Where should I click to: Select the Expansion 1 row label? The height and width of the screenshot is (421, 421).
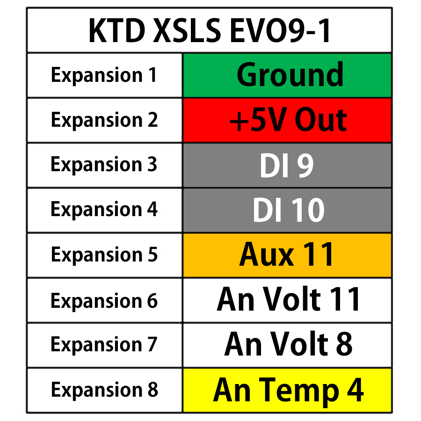tap(104, 75)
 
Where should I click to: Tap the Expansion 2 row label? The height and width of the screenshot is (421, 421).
tap(104, 120)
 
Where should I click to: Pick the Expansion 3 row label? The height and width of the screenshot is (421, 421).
tap(104, 165)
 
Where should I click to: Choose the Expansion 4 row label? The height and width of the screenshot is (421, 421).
tap(104, 210)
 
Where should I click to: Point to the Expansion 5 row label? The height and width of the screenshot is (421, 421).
tap(104, 255)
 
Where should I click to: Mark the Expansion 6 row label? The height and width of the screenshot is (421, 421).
tap(104, 300)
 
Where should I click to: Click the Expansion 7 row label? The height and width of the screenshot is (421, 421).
tap(104, 345)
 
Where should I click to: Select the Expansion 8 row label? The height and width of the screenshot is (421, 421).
tap(104, 390)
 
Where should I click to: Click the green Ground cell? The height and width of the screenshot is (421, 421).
tap(287, 75)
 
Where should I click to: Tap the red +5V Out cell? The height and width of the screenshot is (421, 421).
tap(287, 120)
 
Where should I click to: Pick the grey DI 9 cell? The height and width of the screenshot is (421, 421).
tap(287, 165)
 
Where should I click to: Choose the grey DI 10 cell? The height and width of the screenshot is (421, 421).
tap(287, 210)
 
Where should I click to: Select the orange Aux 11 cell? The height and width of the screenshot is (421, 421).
tap(287, 255)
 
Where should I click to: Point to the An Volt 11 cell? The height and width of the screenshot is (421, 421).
tap(287, 300)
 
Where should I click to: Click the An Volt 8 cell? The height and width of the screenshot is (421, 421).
tap(287, 345)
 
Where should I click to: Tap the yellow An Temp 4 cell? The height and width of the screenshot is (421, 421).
tap(287, 390)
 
